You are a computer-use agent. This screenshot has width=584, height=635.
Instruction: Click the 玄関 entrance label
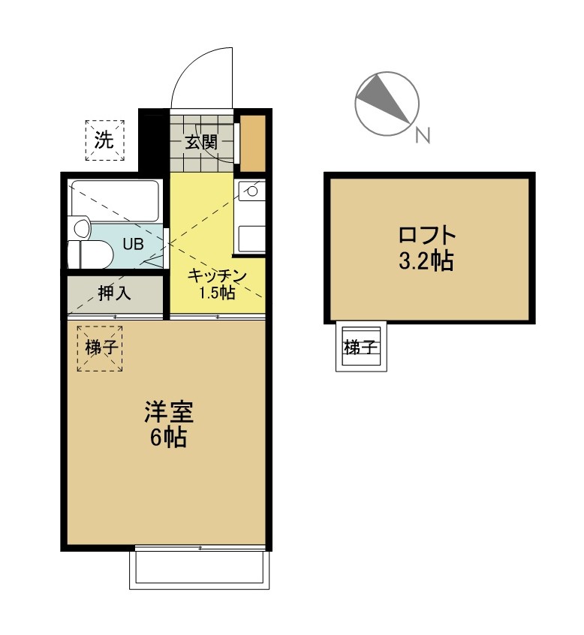pos(201,142)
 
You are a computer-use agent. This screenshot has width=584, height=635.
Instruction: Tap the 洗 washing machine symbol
pos(104,140)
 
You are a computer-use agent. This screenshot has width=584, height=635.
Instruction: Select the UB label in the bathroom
pos(133,244)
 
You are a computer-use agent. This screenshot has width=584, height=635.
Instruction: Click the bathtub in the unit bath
pos(115,201)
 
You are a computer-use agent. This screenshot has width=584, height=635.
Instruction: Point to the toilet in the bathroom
pos(90,254)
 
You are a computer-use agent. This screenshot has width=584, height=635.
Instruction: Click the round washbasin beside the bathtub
pos(80,228)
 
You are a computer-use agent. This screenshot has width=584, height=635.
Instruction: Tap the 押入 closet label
pos(114,293)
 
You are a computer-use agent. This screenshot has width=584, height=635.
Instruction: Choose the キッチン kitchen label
pos(217,275)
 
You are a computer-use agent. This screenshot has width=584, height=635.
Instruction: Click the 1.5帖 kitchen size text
pos(217,293)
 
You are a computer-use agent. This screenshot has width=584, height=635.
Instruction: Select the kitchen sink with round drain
pos(251,191)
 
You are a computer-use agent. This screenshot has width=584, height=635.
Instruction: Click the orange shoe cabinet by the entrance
pos(253,143)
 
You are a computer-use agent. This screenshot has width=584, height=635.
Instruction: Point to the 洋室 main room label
pos(168,412)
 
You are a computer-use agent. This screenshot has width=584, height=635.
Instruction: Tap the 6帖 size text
pos(168,437)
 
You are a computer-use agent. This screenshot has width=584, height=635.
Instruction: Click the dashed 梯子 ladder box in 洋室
pos(100,348)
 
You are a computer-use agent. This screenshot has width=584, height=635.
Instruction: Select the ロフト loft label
pos(427,236)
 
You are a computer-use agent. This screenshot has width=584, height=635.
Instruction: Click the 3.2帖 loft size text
pos(426,260)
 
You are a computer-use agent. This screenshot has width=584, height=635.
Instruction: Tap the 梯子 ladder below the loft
pos(361,346)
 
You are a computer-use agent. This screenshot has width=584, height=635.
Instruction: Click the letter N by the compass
pos(423,135)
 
